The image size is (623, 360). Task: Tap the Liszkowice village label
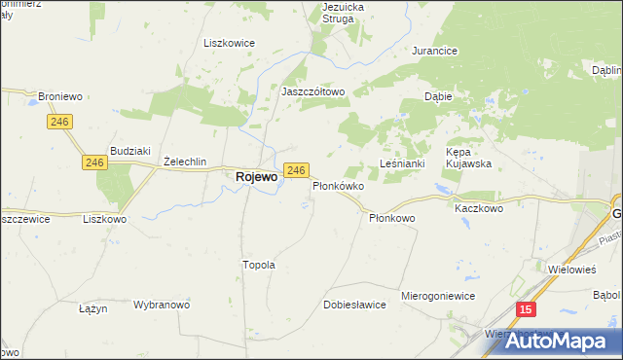coord(228,43)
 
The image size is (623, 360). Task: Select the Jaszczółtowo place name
coord(313,91)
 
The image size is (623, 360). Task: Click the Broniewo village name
coord(59,97)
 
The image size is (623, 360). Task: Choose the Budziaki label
coord(129,151)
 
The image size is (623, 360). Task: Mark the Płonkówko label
coord(338,186)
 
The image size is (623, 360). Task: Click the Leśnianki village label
coord(402,163)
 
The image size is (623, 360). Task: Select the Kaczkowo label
coord(478,208)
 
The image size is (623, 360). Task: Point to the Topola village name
coord(259,265)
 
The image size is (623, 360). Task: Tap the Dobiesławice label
coord(354,305)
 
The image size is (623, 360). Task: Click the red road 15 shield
coord(526,309)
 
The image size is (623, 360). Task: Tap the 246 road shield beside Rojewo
coord(296,171)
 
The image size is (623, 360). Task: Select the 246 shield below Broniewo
coord(59,121)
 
